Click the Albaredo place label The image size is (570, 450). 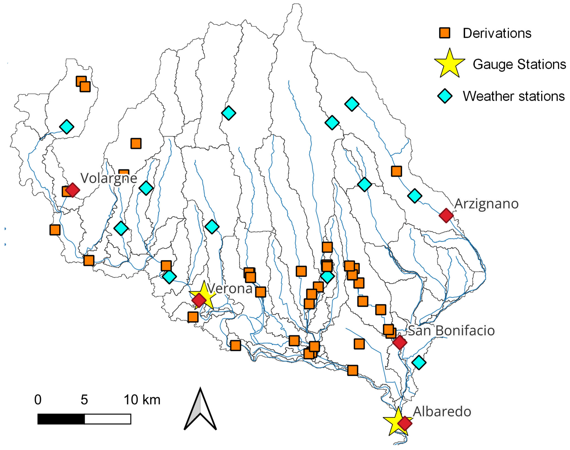(442, 412)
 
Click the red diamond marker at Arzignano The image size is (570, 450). (446, 215)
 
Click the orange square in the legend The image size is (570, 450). (445, 33)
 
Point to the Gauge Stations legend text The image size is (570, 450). (519, 64)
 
